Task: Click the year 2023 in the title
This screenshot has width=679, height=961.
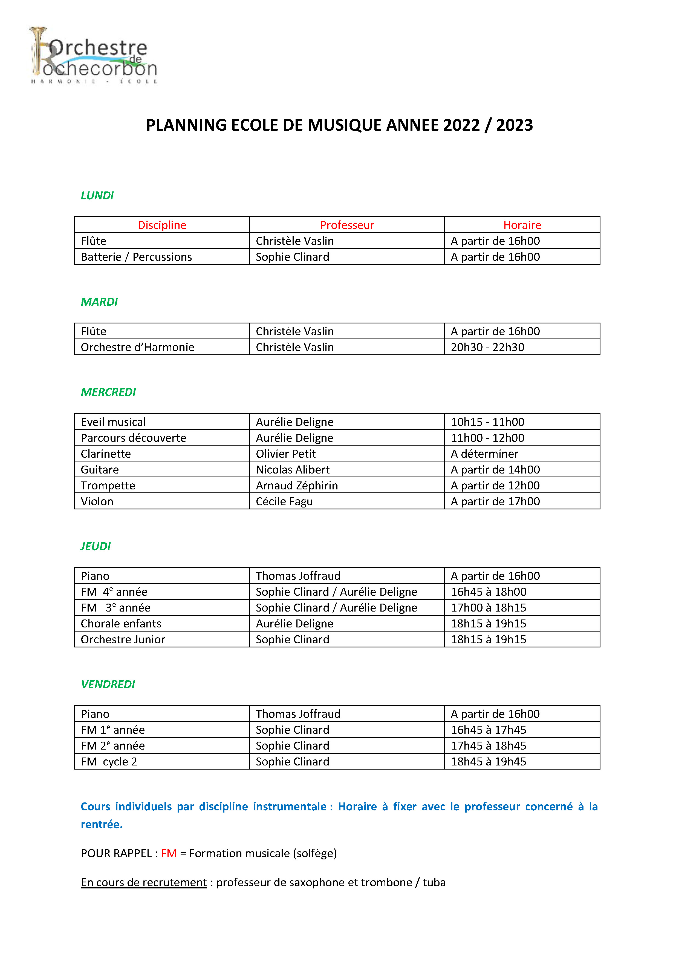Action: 514,125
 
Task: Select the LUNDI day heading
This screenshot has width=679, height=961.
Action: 97,196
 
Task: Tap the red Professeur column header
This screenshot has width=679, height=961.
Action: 347,225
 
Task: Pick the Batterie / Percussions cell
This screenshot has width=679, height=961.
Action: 136,257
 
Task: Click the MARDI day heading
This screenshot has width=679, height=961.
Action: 99,302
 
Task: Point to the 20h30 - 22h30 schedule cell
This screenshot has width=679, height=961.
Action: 487,347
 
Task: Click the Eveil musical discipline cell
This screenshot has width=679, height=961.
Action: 113,422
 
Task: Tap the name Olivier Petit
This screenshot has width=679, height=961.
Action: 286,454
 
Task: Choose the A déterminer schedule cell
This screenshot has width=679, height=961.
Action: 484,454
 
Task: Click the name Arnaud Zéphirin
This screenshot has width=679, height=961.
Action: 297,486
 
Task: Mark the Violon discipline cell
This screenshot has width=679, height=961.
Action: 97,501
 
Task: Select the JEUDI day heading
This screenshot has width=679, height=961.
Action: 96,546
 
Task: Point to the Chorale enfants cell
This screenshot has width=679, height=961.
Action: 121,624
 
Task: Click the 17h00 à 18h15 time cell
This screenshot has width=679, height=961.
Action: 489,608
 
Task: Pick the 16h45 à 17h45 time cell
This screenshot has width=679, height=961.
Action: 489,730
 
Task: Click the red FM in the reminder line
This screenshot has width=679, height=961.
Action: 169,853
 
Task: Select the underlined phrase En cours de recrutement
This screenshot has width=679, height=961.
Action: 144,882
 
